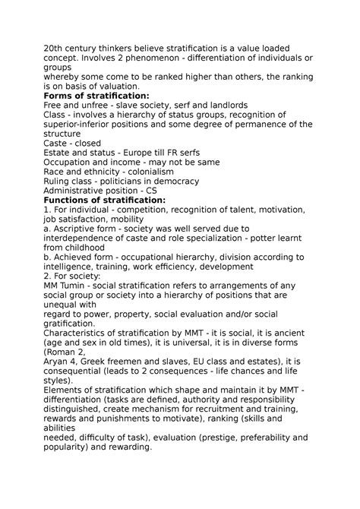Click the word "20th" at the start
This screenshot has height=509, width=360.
click(x=55, y=49)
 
